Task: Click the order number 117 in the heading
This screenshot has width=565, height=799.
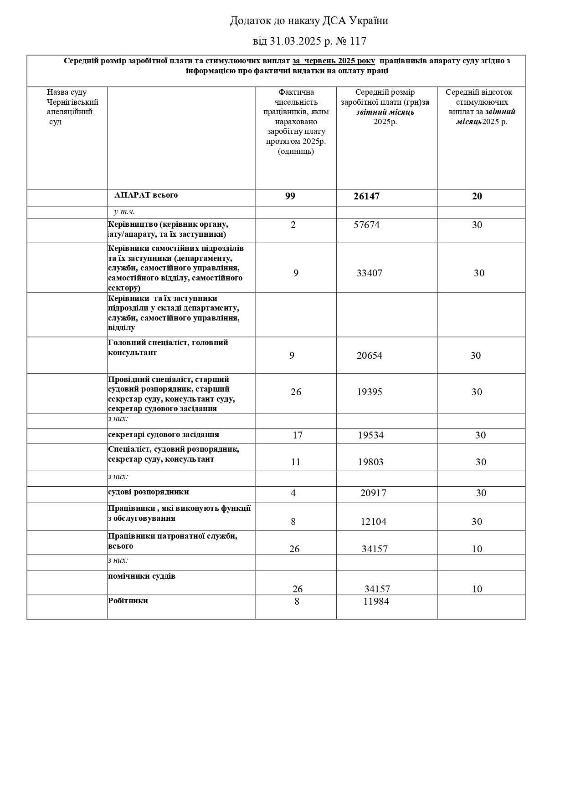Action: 359,41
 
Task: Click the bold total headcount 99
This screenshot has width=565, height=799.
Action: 290,196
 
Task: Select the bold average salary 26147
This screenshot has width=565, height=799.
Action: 366,196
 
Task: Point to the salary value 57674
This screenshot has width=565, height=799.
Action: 366,225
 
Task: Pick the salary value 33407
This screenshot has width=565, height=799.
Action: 369,273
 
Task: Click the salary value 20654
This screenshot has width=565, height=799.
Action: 369,356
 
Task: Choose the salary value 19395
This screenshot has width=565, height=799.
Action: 369,392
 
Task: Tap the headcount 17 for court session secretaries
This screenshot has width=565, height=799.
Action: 298,435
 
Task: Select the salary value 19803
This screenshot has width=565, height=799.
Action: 370,462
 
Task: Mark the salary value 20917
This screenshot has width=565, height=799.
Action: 373,493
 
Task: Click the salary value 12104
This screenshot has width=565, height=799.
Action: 373,522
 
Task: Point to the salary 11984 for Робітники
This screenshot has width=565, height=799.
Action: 376,601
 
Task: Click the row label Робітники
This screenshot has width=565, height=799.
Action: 128,601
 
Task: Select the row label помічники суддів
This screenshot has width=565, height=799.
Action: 142,576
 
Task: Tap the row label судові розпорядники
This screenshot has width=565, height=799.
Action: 149,492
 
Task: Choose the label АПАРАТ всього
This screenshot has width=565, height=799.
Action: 146,195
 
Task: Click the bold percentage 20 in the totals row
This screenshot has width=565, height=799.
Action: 477,196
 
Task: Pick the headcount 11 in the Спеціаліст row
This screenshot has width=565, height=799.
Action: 296,462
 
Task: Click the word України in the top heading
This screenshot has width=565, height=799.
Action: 369,21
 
